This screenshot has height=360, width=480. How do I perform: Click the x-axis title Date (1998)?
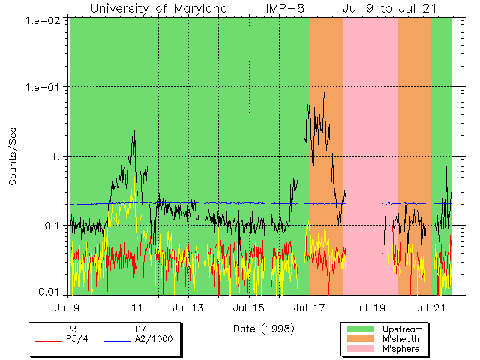pyautogui.click(x=263, y=328)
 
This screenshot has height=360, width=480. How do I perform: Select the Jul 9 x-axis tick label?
pyautogui.click(x=68, y=307)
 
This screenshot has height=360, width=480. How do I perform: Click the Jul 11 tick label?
pyautogui.click(x=128, y=307)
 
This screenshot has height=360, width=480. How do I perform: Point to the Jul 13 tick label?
pyautogui.click(x=188, y=307)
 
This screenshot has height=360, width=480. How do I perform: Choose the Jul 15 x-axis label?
pyautogui.click(x=248, y=307)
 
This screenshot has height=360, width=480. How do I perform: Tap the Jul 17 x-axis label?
pyautogui.click(x=308, y=307)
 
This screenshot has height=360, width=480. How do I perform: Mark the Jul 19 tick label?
pyautogui.click(x=368, y=307)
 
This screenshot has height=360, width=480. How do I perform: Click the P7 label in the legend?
pyautogui.click(x=140, y=328)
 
